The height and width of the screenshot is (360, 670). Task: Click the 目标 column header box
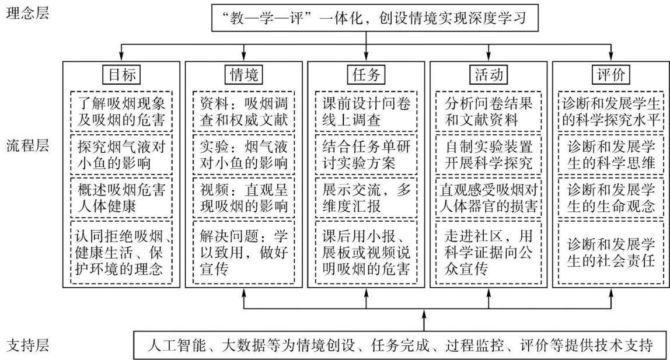[x=122, y=75]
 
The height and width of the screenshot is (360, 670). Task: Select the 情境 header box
[x=244, y=75]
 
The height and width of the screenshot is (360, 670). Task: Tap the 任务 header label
[x=366, y=75]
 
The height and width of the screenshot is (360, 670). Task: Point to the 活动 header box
[x=488, y=75]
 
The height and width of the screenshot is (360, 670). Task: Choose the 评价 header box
[x=610, y=75]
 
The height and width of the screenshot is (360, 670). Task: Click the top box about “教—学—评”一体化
[x=375, y=18]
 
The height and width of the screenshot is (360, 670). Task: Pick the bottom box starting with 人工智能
[x=400, y=345]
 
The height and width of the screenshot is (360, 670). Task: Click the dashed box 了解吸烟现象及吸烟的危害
[x=121, y=111]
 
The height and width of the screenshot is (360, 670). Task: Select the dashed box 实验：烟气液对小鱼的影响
[x=244, y=155]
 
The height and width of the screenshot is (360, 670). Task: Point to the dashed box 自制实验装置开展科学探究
[x=488, y=155]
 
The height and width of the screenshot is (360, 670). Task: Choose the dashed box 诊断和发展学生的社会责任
[x=611, y=252]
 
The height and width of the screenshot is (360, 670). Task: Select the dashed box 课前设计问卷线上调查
[x=366, y=111]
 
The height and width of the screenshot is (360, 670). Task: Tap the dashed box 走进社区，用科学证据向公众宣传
[x=488, y=252]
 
